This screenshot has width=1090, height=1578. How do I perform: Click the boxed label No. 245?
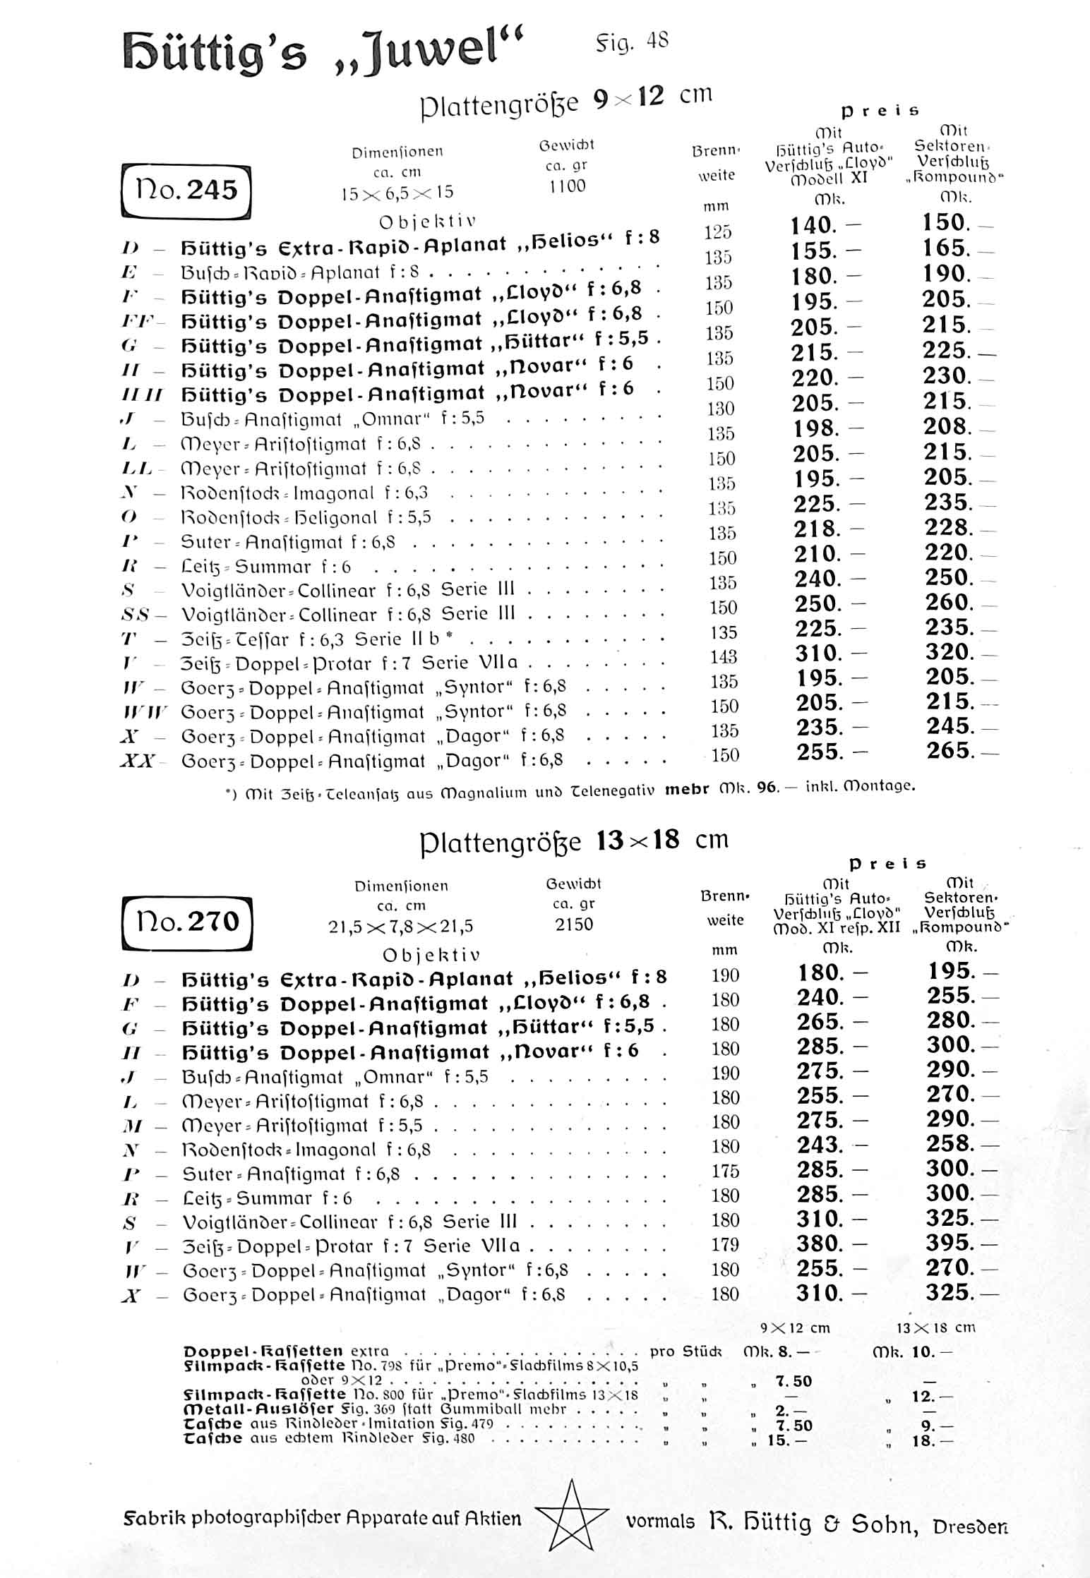coord(186,190)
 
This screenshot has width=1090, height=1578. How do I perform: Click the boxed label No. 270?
coord(186,922)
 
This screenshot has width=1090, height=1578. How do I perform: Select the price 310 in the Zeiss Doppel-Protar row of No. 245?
coord(818,653)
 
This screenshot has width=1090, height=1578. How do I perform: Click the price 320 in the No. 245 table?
coord(949,651)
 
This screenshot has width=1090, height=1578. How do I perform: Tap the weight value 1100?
coord(567,186)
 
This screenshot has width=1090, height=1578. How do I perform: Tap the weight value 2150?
coord(573,924)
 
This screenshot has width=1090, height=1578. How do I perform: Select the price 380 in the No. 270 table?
coord(820,1243)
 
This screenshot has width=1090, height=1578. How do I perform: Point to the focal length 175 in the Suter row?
coord(725,1172)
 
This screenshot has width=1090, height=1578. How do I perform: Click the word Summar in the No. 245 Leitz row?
coord(273,567)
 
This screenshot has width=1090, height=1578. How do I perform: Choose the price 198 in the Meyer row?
coord(815,428)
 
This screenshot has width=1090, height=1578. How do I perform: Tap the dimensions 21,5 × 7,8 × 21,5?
coord(400,926)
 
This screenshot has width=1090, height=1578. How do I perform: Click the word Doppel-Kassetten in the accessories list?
coord(263,1351)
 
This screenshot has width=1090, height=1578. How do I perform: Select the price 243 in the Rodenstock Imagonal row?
coord(820,1145)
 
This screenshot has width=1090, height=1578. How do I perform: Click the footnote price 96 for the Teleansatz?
coord(766,788)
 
